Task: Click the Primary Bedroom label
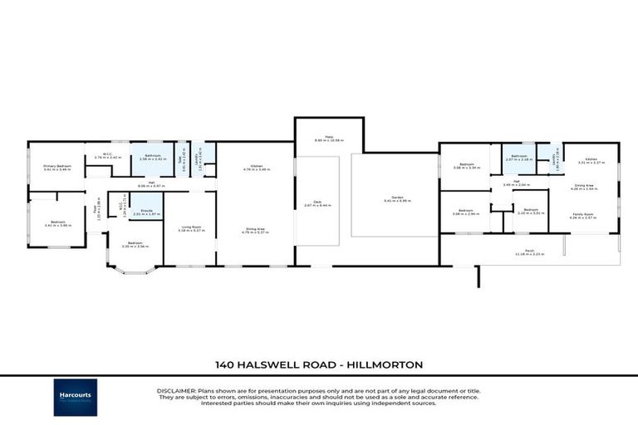(x=57, y=167)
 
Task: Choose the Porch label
(x=528, y=252)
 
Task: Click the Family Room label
(x=583, y=214)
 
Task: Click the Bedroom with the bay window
(x=134, y=244)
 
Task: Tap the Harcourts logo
(x=76, y=397)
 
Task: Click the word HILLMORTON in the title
(x=387, y=364)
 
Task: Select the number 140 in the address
(x=224, y=364)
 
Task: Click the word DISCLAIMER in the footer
(x=175, y=390)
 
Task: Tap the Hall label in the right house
(x=516, y=183)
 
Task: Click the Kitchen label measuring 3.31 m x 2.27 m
(x=591, y=160)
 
